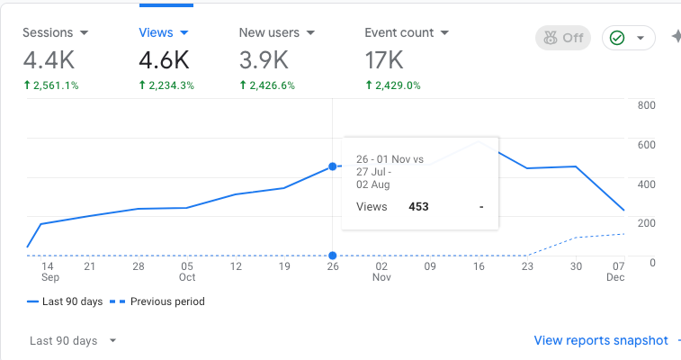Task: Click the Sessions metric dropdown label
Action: point(55,32)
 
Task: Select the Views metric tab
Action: point(163,32)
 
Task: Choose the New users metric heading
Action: point(276,32)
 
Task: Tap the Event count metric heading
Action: point(407,32)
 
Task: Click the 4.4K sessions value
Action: point(49,60)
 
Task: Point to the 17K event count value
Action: point(384,60)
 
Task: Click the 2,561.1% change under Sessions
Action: point(50,85)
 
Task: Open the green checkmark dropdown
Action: point(626,39)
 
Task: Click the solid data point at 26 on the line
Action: point(333,166)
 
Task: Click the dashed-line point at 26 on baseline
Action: point(333,256)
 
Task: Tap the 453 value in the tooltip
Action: point(418,206)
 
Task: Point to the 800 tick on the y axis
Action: point(646,105)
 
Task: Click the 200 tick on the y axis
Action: point(646,222)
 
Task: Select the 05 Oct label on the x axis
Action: point(186,272)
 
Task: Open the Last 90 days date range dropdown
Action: point(73,341)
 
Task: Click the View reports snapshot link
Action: point(601,340)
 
